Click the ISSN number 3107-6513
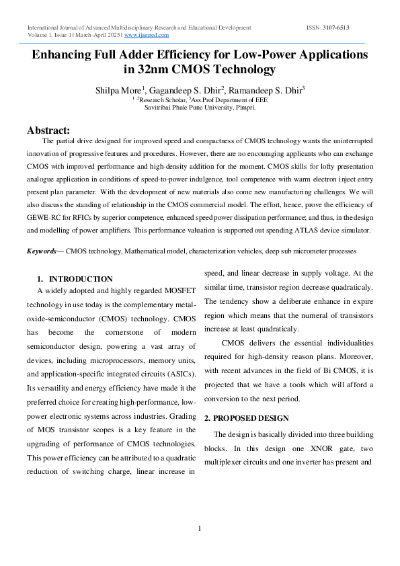(335, 28)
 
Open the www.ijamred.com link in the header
(147, 34)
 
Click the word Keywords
(41, 251)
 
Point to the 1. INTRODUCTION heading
(75, 278)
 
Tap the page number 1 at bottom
(200, 529)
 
